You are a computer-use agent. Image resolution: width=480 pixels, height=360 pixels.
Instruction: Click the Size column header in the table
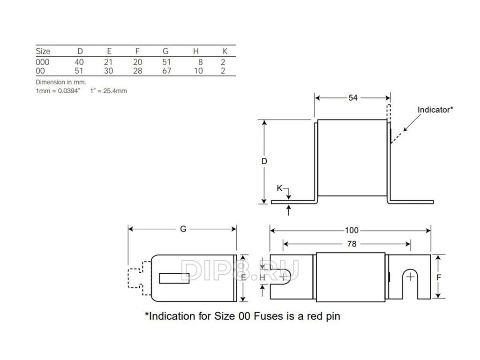[43, 51]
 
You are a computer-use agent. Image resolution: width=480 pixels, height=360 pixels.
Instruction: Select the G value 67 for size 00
[166, 71]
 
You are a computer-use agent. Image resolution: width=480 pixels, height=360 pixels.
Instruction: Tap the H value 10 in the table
[198, 71]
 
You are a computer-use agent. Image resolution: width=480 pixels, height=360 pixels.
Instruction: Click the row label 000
[42, 62]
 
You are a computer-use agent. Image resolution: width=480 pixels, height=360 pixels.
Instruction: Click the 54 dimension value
[353, 98]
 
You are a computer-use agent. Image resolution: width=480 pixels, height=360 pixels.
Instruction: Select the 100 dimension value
[352, 230]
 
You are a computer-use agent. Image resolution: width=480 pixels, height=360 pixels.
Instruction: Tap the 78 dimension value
[352, 244]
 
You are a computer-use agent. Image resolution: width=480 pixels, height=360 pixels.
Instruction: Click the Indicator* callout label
[435, 110]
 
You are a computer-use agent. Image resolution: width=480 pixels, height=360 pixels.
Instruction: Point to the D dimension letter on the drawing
[264, 161]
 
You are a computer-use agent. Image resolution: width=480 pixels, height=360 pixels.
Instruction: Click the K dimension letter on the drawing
[279, 188]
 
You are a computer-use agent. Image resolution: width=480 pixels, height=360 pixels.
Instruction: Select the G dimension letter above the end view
[183, 229]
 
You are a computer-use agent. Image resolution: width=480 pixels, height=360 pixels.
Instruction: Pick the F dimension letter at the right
[438, 277]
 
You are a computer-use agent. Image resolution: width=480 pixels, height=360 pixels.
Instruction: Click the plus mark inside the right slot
[410, 277]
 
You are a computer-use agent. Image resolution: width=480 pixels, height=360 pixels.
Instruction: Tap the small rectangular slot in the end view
[174, 278]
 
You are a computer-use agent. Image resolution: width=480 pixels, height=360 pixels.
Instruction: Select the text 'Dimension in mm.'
[61, 82]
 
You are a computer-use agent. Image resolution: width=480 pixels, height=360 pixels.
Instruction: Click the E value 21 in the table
[109, 62]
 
